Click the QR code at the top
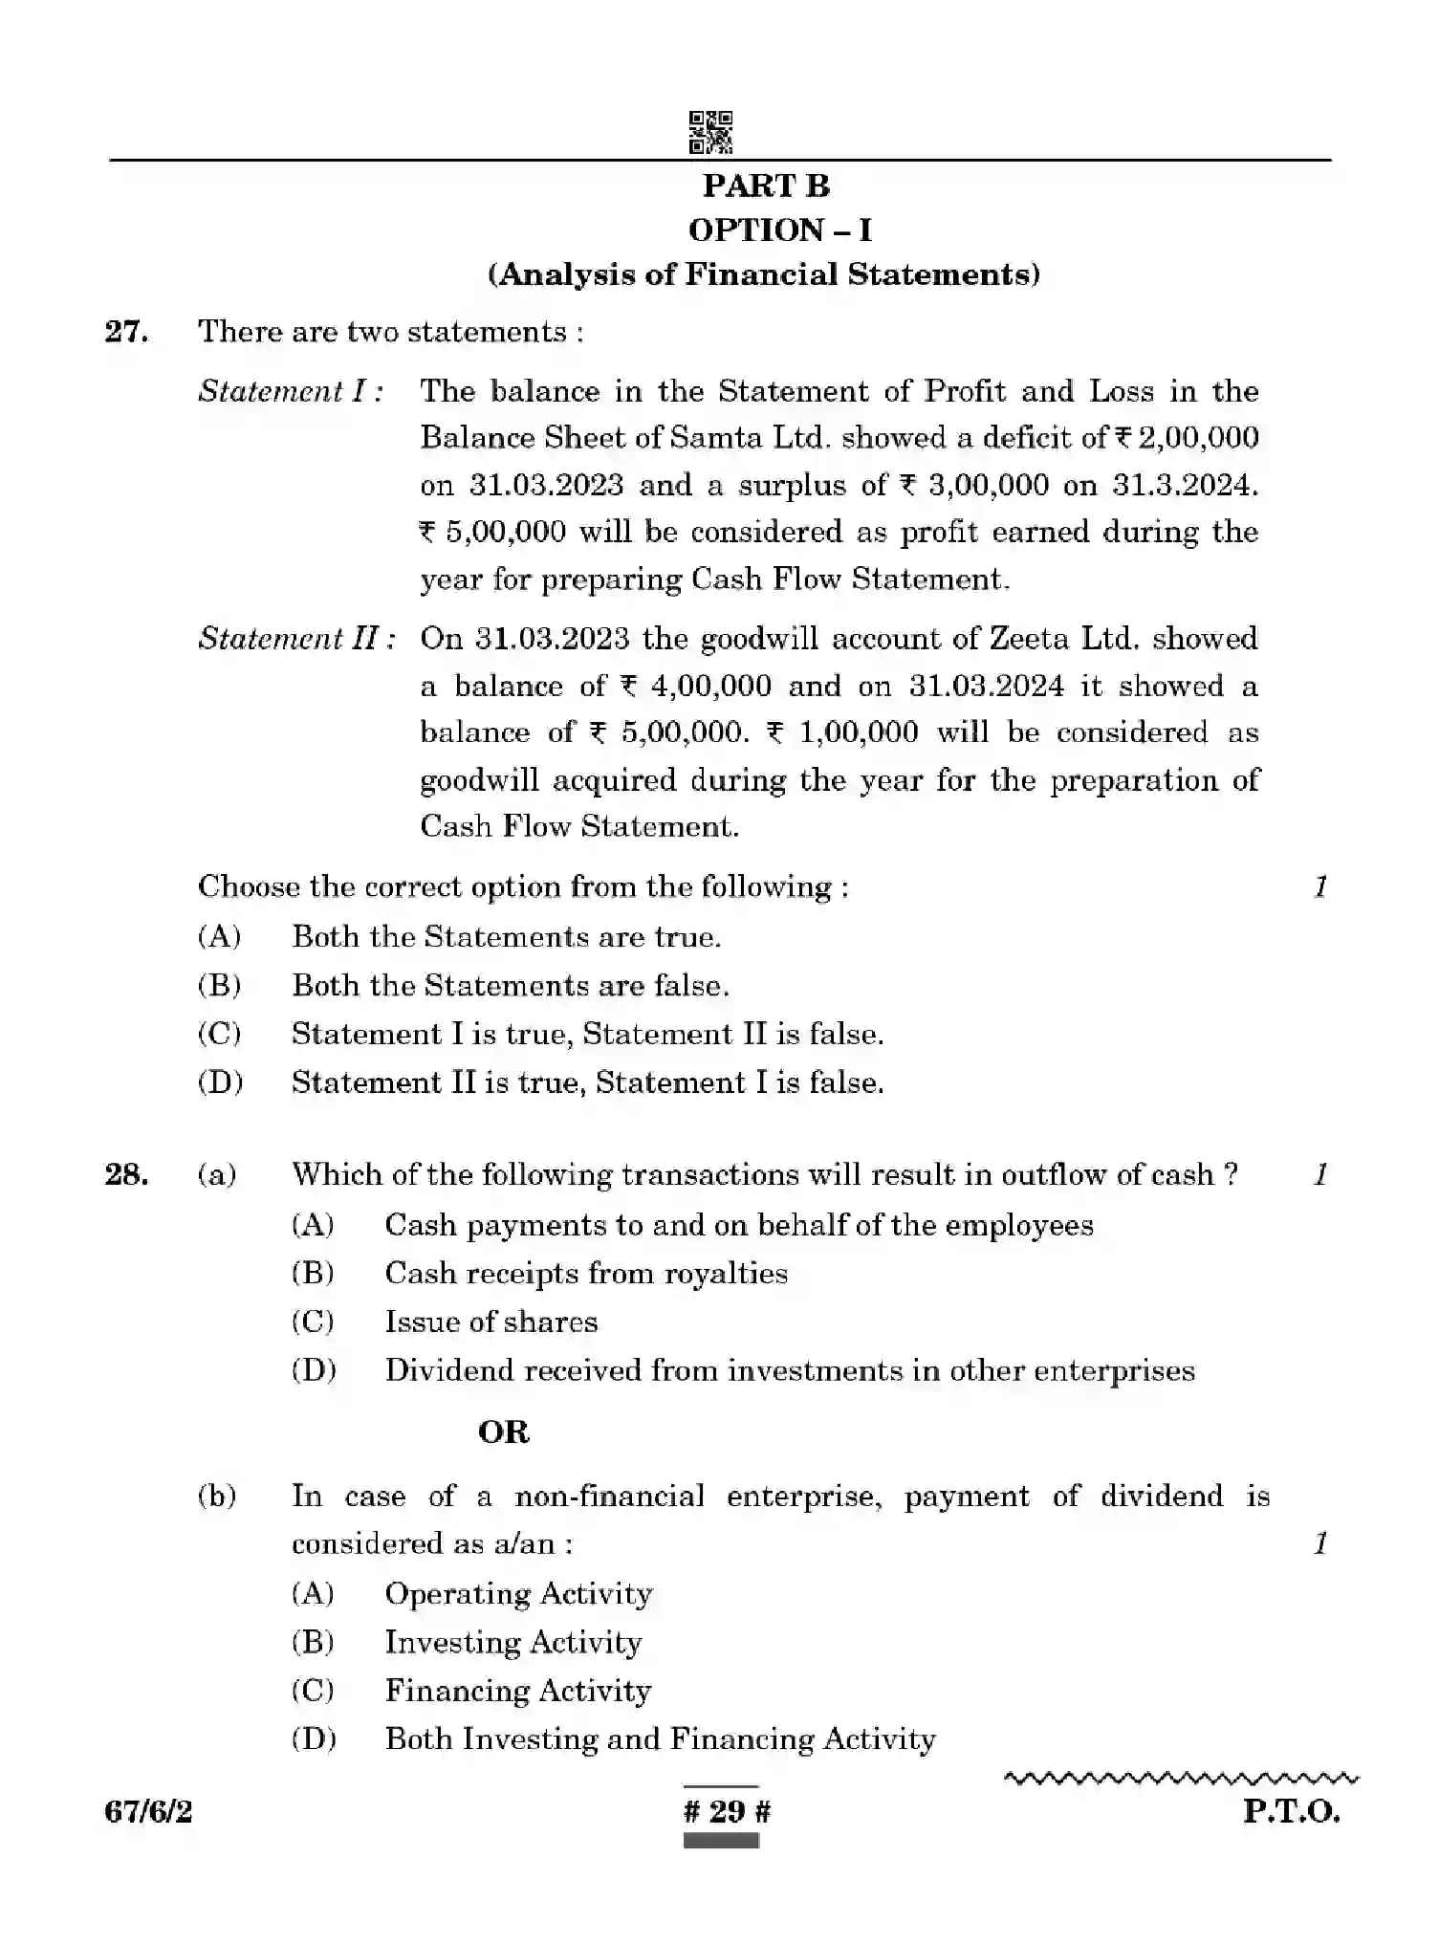(710, 132)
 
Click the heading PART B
(766, 186)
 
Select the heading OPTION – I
(779, 230)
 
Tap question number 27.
(126, 332)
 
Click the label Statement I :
(291, 391)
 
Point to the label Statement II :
(296, 639)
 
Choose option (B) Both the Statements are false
(510, 986)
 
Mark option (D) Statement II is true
(587, 1082)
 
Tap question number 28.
(126, 1174)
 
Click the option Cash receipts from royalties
(585, 1274)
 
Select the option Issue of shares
(491, 1322)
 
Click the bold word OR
(504, 1431)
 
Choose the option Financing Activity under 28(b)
(517, 1691)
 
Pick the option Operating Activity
(518, 1594)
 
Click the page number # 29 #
(727, 1811)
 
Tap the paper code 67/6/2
(148, 1811)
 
